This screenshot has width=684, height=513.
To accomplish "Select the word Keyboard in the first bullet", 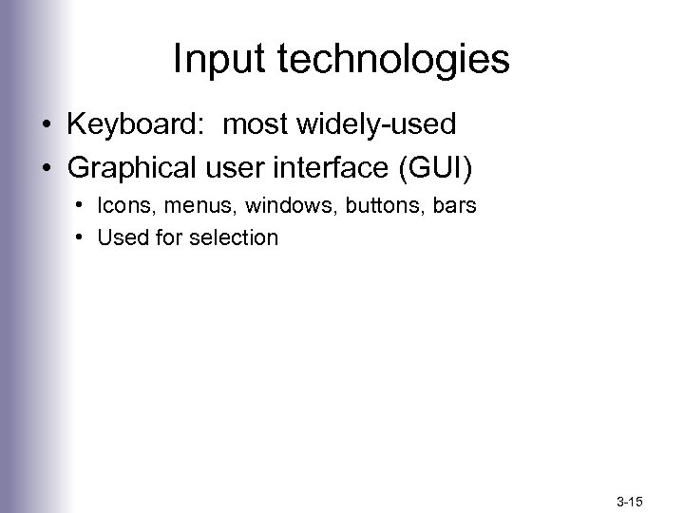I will (125, 123).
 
